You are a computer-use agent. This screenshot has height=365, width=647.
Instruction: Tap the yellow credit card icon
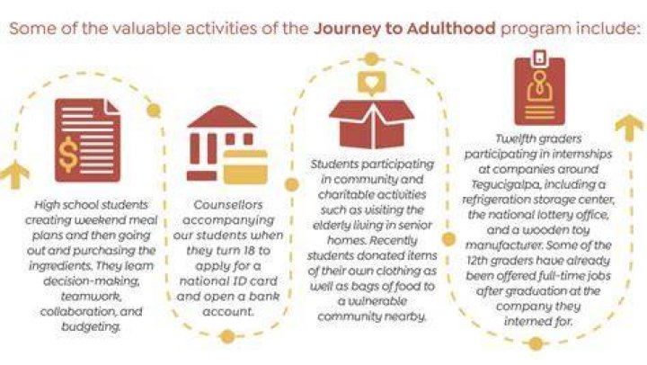[x=245, y=167]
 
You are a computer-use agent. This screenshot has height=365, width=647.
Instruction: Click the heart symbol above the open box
[x=371, y=82]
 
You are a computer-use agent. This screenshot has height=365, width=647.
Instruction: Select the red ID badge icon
[x=540, y=88]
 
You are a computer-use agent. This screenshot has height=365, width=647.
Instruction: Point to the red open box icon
[x=372, y=124]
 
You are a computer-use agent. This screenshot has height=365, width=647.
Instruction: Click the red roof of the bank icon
[x=222, y=117]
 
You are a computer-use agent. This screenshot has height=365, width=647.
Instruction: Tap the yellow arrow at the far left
[x=15, y=174]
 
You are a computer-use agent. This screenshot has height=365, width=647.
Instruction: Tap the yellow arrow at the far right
[x=629, y=129]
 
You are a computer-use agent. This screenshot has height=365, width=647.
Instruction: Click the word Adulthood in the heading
[x=451, y=29]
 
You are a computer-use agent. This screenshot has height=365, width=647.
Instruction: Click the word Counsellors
[x=227, y=205]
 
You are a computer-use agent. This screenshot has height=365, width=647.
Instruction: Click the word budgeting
[x=91, y=327]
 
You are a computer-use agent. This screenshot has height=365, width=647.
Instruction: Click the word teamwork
[x=91, y=297]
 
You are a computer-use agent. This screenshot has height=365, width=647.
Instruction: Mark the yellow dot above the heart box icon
[x=371, y=59]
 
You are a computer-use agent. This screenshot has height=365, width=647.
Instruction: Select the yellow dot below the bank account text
[x=227, y=336]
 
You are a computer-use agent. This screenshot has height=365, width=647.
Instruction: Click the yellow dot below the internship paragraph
[x=536, y=343]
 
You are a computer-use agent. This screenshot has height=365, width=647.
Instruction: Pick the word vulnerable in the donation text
[x=372, y=301]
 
